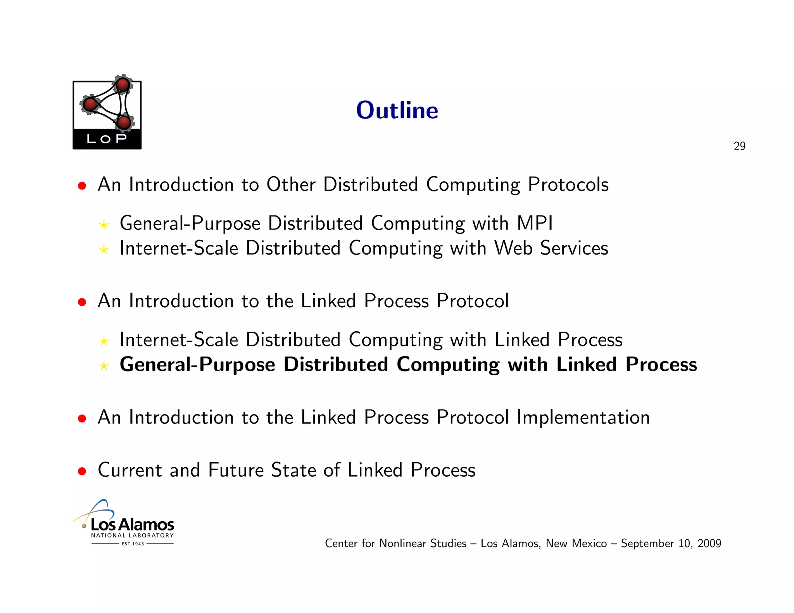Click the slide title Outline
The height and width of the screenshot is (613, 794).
click(397, 110)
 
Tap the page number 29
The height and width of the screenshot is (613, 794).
click(739, 146)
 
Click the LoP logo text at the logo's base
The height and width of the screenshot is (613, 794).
click(107, 139)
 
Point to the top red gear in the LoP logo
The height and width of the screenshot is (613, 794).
click(123, 84)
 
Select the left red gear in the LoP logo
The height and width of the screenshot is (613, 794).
click(90, 104)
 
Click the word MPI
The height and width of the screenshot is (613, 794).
click(535, 223)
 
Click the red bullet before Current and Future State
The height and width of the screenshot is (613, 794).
click(82, 471)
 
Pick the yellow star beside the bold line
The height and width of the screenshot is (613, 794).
click(104, 366)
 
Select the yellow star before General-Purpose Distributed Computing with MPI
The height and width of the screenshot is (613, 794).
click(104, 225)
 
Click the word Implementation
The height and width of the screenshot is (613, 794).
click(583, 417)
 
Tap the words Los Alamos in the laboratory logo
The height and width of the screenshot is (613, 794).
click(132, 525)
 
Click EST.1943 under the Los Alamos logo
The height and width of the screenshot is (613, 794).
click(133, 544)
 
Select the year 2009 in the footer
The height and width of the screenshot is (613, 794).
click(709, 543)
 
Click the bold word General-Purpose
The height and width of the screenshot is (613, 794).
click(197, 365)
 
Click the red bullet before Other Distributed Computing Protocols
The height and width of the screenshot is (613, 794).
click(82, 186)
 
